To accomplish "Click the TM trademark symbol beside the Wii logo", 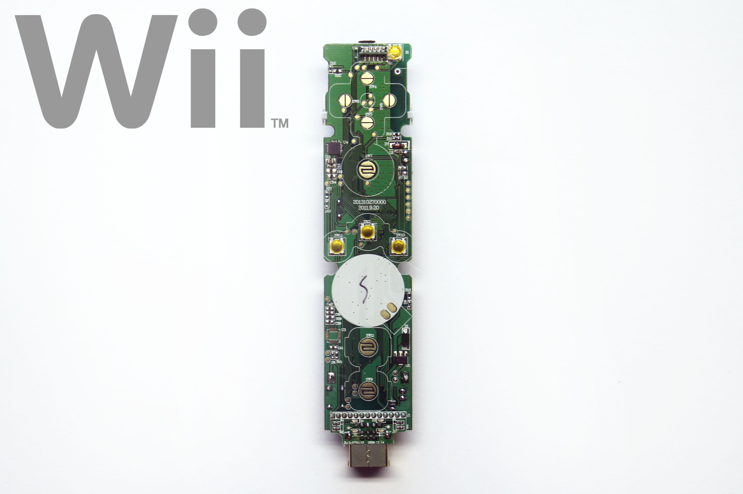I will [280, 123].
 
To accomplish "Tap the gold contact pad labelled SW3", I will [367, 122].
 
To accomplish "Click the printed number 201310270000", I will [369, 202].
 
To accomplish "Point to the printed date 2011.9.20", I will [369, 208].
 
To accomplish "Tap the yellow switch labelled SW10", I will [398, 246].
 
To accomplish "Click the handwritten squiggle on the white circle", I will [364, 289].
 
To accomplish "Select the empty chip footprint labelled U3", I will [334, 335].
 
